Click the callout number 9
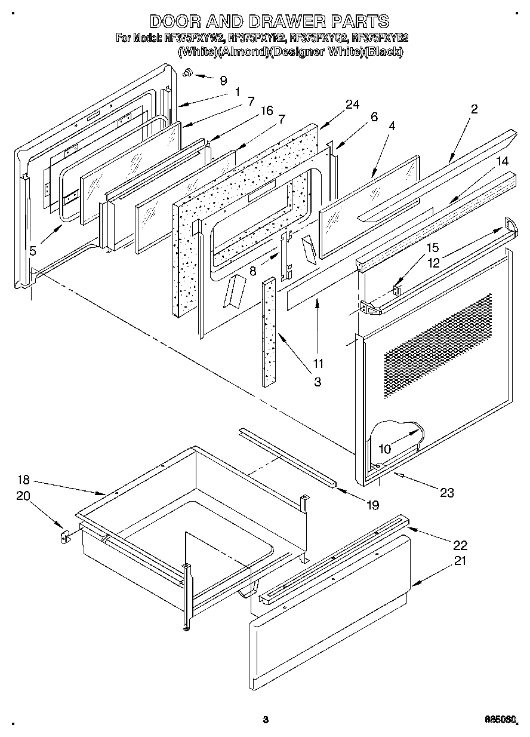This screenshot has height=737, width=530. tap(223, 80)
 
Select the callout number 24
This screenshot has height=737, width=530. tap(352, 104)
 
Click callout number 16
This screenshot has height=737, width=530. tap(266, 110)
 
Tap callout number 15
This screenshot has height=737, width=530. tap(432, 247)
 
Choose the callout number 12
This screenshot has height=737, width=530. tap(432, 261)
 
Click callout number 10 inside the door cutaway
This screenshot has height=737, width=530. tap(385, 448)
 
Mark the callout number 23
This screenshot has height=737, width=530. tap(446, 492)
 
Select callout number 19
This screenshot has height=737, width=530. tap(372, 505)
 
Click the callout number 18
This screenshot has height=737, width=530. tap(23, 480)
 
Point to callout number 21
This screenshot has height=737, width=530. tap(460, 560)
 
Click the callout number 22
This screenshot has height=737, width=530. tap(460, 545)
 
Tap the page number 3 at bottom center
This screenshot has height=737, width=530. tap(266, 720)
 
